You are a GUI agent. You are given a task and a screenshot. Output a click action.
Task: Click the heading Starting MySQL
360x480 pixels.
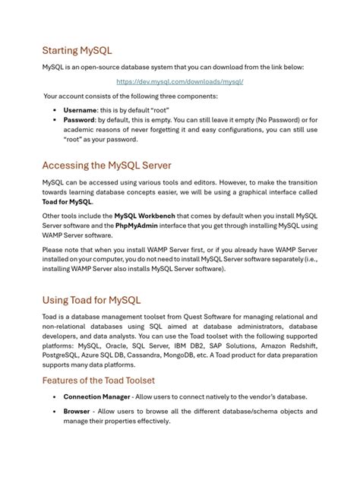pos(77,50)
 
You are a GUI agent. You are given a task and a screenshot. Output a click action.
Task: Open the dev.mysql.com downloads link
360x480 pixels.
pos(179,81)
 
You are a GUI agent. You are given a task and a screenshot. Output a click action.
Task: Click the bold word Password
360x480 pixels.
pos(79,120)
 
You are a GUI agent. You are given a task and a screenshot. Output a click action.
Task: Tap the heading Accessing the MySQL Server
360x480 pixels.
pos(106,166)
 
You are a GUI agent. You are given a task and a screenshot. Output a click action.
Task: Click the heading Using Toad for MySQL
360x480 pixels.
pos(91,300)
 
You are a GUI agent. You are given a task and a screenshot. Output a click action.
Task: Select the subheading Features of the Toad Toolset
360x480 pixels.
pos(110,380)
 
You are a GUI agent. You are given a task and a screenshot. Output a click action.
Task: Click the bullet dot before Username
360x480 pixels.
pos(54,110)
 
